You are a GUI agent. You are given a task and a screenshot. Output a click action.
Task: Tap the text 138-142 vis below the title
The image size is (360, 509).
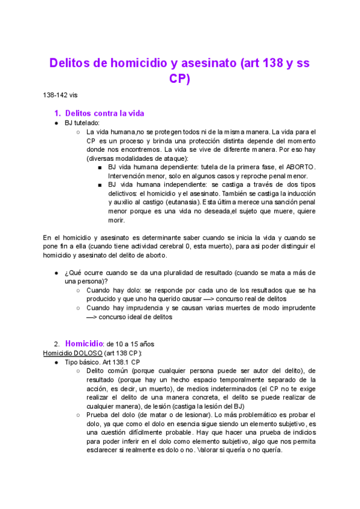click(61, 95)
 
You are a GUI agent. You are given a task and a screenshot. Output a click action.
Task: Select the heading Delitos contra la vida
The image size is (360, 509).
click(104, 113)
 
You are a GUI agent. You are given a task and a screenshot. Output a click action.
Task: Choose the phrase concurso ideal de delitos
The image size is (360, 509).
click(136, 318)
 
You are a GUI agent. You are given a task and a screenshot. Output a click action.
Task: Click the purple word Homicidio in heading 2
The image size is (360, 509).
click(84, 344)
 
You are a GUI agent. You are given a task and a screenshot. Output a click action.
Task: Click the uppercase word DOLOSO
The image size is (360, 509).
click(86, 354)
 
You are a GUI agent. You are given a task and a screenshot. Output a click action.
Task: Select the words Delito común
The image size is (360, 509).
click(107, 372)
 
